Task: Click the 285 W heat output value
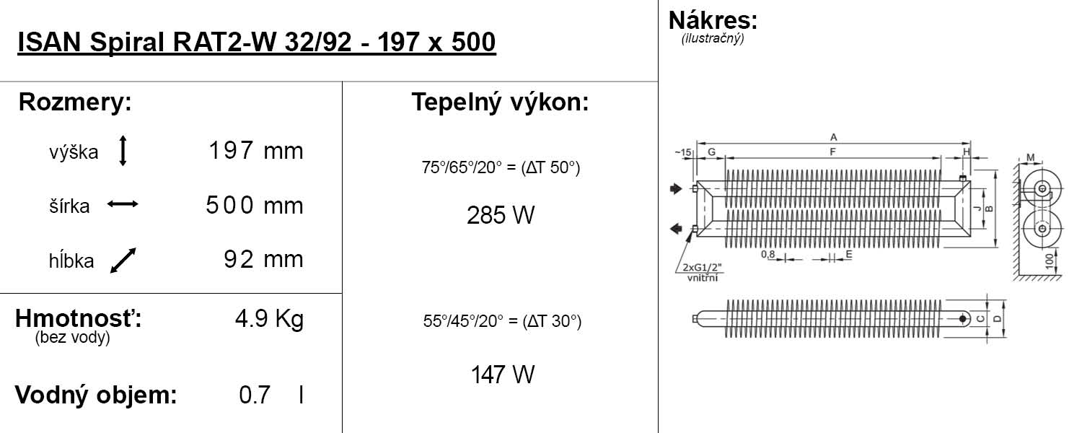[x=501, y=215]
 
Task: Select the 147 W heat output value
[x=503, y=375]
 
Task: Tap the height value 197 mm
[x=256, y=150]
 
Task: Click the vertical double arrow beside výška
[x=123, y=151]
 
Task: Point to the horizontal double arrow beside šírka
[x=123, y=204]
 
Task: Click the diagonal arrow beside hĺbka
[x=123, y=261]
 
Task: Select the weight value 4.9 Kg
[x=270, y=319]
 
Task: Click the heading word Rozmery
[x=75, y=102]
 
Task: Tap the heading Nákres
[x=713, y=20]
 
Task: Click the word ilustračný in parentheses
[x=713, y=38]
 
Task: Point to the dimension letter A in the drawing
[x=833, y=137]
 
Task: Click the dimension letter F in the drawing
[x=832, y=152]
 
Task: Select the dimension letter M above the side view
[x=1030, y=157]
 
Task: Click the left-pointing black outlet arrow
[x=677, y=228]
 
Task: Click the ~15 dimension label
[x=683, y=153]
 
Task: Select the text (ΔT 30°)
[x=552, y=321]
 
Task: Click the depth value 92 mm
[x=264, y=260]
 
